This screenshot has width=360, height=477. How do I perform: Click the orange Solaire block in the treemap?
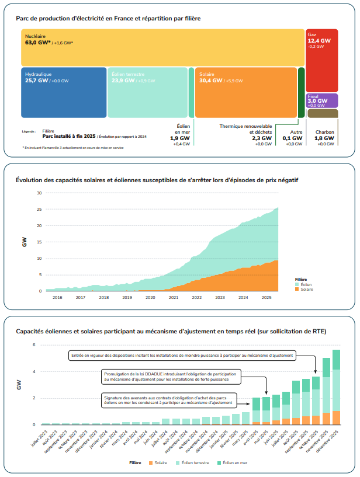245,93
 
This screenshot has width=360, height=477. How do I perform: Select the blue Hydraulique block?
64,93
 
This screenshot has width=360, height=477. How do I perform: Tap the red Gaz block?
321,58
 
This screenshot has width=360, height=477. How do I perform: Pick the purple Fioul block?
321,100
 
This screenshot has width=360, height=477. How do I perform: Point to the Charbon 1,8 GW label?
325,138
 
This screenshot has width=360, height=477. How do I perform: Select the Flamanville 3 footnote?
73,148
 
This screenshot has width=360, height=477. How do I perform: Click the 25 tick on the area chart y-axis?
39,209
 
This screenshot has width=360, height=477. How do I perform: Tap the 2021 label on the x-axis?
174,297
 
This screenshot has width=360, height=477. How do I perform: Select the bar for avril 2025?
256,411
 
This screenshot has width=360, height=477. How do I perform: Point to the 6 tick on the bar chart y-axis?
34,344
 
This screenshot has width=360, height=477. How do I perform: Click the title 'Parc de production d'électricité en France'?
108,19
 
